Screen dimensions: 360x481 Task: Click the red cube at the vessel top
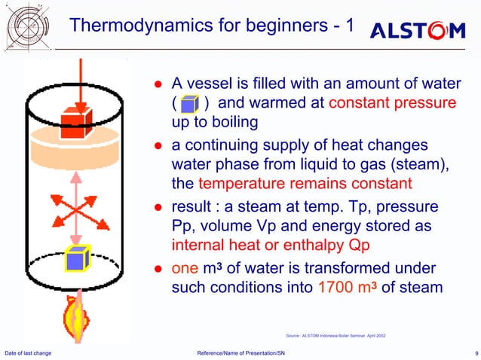[x=75, y=121]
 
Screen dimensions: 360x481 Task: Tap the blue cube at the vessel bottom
[x=76, y=260]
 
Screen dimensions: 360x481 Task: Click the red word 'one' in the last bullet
[x=185, y=267]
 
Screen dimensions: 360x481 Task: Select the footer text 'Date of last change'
[x=28, y=352]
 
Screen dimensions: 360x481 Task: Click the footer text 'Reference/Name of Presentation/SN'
[x=240, y=352]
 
